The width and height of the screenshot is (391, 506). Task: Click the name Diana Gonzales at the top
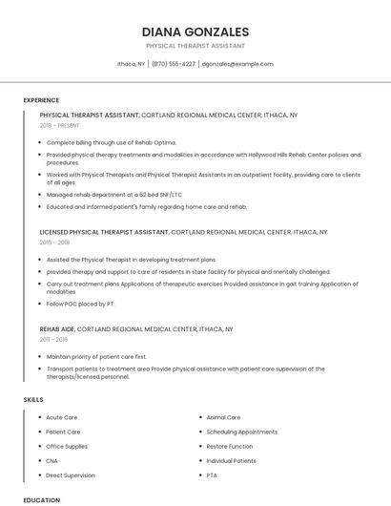(x=195, y=32)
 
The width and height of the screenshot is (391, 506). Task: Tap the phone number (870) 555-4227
(x=174, y=64)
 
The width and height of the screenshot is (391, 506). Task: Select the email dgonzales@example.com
(x=237, y=64)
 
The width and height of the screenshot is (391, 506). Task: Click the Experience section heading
(x=41, y=99)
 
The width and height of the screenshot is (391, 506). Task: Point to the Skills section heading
(x=33, y=399)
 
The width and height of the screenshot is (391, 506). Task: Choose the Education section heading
(x=42, y=499)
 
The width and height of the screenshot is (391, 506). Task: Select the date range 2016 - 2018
(x=54, y=242)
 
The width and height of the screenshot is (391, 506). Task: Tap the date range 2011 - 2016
(x=53, y=339)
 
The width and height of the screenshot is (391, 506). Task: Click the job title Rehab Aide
(x=56, y=328)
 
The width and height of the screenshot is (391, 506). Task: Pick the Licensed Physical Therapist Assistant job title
(x=103, y=232)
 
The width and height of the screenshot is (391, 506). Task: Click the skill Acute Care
(x=62, y=417)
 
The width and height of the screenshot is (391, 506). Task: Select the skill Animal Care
(x=223, y=417)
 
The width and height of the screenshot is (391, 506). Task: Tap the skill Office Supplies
(x=67, y=446)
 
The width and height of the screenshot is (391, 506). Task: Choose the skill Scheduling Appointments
(x=241, y=432)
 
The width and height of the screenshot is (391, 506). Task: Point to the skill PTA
(x=212, y=474)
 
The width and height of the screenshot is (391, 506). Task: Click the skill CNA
(x=51, y=460)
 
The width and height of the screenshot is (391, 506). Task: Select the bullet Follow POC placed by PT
(x=80, y=304)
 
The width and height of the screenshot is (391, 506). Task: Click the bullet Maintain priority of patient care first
(x=96, y=356)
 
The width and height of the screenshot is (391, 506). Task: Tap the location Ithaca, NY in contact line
(x=131, y=64)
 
